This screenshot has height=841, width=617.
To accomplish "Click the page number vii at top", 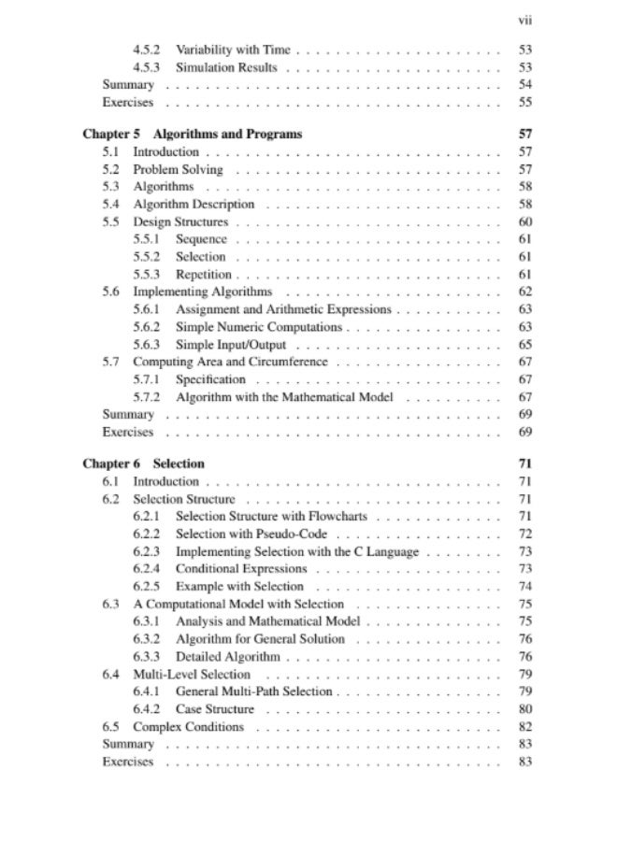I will (524, 18).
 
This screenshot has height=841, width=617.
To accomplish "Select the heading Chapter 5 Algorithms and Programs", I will (192, 134).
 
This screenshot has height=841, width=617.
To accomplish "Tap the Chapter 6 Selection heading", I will (143, 463).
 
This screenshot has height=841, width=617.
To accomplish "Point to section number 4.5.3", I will (146, 67).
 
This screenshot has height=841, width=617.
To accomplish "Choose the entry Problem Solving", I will (178, 169).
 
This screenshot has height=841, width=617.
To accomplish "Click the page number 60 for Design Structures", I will (524, 221).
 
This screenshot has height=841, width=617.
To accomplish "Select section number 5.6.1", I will (146, 309).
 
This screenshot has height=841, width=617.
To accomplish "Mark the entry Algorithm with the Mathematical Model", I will (284, 397).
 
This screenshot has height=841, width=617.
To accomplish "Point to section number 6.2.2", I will (146, 535).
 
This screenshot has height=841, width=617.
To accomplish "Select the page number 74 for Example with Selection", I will (524, 587).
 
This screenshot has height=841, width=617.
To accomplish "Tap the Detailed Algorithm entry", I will (227, 657).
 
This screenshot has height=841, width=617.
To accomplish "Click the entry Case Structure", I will (215, 709).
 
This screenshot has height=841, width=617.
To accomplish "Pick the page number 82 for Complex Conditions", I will (524, 727).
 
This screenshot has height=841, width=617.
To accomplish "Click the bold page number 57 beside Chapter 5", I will (524, 134).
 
